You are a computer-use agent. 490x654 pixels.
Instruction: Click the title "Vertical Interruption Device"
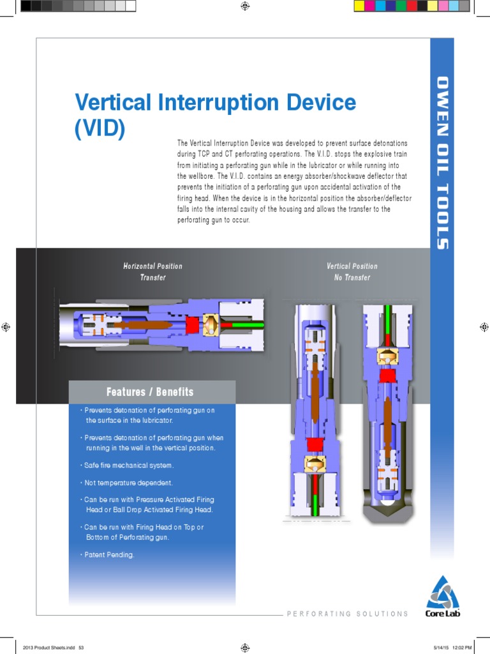coord(215,103)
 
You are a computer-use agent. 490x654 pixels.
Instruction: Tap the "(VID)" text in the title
coord(100,128)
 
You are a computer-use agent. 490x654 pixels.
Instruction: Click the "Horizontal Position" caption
coord(152,266)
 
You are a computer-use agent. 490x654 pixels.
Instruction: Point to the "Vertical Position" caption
coord(352,266)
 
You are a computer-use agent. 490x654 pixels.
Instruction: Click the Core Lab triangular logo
coord(442,592)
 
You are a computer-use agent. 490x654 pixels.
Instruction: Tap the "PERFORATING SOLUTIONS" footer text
coord(348,614)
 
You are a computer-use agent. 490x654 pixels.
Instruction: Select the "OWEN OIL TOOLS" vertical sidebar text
coord(442,163)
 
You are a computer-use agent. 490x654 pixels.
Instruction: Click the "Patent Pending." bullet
coord(109,555)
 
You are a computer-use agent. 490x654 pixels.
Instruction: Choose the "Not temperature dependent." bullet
coord(128,483)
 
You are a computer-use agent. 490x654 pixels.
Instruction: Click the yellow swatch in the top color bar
coord(359,6)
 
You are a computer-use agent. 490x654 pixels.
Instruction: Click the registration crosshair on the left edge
coord(6,327)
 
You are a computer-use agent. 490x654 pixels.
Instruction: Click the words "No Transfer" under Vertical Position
coord(352,278)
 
